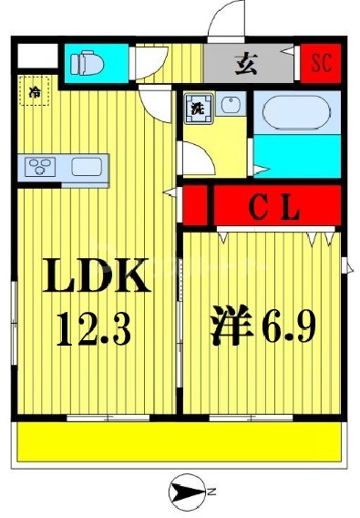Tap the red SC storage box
pos(321,63)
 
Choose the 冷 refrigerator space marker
pos(35,92)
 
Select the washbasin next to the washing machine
pos(229,107)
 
